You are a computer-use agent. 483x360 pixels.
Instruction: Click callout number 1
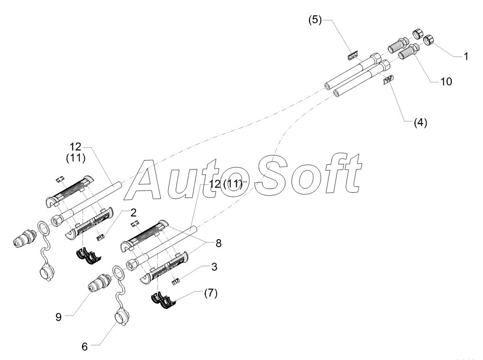[466, 56]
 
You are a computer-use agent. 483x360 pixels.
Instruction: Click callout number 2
[121, 212]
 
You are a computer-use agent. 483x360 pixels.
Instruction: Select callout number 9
[58, 316]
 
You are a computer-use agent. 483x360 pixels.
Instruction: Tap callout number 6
[85, 346]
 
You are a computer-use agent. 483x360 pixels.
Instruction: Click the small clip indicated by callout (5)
[352, 56]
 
